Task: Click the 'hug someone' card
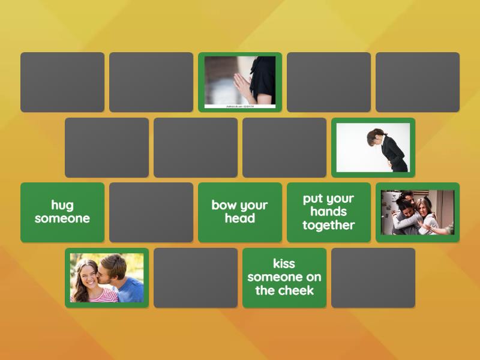click(62, 212)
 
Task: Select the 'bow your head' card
click(240, 212)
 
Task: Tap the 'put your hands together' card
click(329, 212)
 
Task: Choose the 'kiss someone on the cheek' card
click(284, 278)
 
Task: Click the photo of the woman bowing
click(373, 148)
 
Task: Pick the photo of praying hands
click(240, 82)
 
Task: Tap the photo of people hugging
click(418, 212)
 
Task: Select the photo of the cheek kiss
click(107, 278)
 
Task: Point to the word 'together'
click(329, 226)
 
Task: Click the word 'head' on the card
click(240, 219)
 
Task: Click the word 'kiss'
click(284, 263)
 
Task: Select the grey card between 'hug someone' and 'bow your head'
click(151, 212)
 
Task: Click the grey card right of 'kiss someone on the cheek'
click(373, 278)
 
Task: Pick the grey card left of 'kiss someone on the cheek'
click(196, 278)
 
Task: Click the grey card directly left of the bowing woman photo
click(284, 148)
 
